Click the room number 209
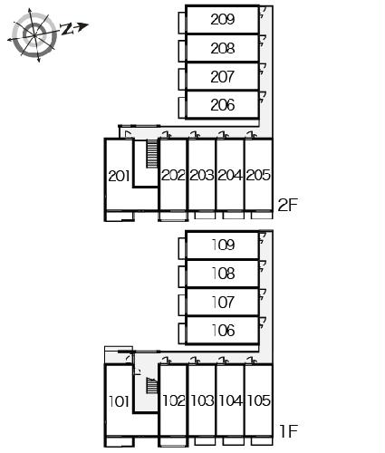pyautogui.click(x=223, y=20)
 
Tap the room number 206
pyautogui.click(x=223, y=105)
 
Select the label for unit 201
pyautogui.click(x=119, y=176)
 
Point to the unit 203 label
pyautogui.click(x=202, y=175)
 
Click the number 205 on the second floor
pyautogui.click(x=258, y=175)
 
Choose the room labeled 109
pyautogui.click(x=223, y=245)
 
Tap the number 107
pyautogui.click(x=223, y=303)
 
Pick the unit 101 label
pyautogui.click(x=119, y=401)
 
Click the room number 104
pyautogui.click(x=230, y=401)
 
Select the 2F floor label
pyautogui.click(x=288, y=205)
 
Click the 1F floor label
pyautogui.click(x=289, y=431)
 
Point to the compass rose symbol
pyautogui.click(x=34, y=35)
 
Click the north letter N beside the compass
pyautogui.click(x=67, y=29)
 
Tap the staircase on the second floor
pyautogui.click(x=152, y=154)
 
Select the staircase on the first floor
pyautogui.click(x=152, y=385)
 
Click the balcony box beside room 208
pyautogui.click(x=182, y=51)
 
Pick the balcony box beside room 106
pyautogui.click(x=182, y=333)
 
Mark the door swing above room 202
pyautogui.click(x=167, y=135)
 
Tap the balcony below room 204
pyautogui.click(x=234, y=216)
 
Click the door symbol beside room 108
pyautogui.click(x=263, y=265)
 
